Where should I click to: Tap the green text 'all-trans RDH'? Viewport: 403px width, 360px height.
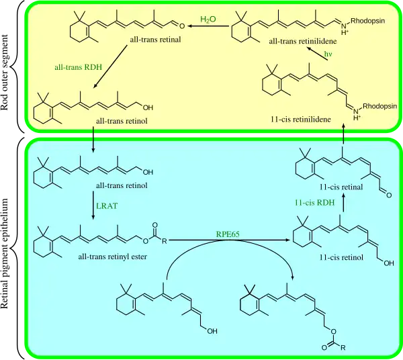[77, 68]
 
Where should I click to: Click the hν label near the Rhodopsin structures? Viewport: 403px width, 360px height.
[328, 54]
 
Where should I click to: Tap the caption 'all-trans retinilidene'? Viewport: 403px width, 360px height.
[302, 42]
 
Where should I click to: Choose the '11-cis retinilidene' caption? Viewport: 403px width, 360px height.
[299, 118]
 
